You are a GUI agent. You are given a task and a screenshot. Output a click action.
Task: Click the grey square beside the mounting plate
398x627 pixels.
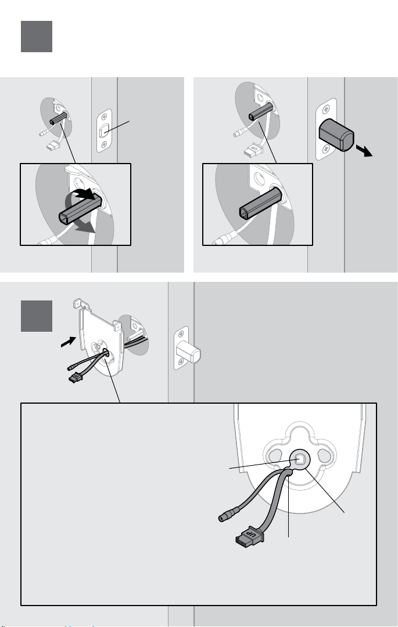pos(37,316)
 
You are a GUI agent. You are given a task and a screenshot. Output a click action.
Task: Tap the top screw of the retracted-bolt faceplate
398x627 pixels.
pos(105,117)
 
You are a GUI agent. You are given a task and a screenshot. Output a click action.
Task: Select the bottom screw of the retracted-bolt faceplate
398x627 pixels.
pos(105,145)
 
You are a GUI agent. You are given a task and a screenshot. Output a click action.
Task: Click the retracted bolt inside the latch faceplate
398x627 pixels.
pos(105,131)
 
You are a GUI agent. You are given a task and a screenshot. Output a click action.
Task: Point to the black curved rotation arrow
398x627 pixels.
pos(81,195)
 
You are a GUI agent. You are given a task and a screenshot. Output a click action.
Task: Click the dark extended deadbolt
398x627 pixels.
pos(336,135)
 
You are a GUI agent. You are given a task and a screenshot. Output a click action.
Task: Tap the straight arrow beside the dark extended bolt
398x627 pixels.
pos(364,151)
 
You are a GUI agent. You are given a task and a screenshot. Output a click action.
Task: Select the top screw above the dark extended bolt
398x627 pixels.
pos(327,108)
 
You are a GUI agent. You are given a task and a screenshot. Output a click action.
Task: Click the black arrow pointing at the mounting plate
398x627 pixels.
pos(68,342)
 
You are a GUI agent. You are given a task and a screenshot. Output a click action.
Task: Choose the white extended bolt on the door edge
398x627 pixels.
pos(188,351)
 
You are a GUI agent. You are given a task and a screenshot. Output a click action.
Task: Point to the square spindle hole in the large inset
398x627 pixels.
pos(300,459)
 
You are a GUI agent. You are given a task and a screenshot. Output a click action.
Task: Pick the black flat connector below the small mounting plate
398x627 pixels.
pos(74,378)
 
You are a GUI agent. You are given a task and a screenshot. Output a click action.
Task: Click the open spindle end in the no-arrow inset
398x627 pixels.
pos(244,212)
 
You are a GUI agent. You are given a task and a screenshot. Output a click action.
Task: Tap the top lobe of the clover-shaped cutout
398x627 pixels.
pos(299,434)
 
